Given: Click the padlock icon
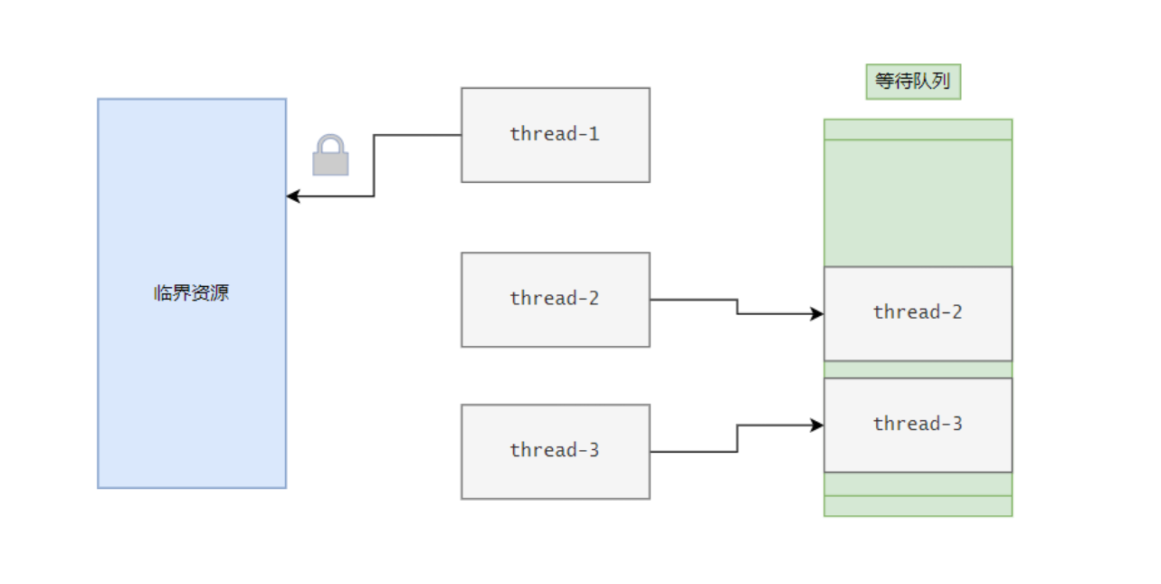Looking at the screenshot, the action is point(330,155).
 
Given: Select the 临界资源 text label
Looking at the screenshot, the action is point(191,293).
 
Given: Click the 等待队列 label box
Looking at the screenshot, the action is point(913,81).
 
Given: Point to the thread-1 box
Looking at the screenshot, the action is point(556,135).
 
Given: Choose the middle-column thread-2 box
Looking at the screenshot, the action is point(556,300).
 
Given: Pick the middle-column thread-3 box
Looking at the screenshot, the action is point(556,452).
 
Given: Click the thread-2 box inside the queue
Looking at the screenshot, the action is point(918,313).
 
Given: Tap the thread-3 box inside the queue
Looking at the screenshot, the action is point(918,426).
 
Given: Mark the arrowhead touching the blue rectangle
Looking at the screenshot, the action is point(293,196).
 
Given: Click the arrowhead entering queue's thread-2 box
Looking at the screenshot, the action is point(817,314).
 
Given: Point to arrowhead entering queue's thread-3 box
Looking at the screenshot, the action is point(817,426).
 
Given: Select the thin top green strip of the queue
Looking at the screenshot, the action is point(918,129).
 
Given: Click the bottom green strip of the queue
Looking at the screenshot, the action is point(918,506).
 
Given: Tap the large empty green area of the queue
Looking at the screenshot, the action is point(918,203).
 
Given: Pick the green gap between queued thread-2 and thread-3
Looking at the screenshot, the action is point(918,369).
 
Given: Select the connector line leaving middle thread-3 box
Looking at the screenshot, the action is point(737,439).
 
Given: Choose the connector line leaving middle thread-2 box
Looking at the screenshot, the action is point(737,307).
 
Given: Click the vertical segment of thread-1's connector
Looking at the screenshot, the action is point(374,166).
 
